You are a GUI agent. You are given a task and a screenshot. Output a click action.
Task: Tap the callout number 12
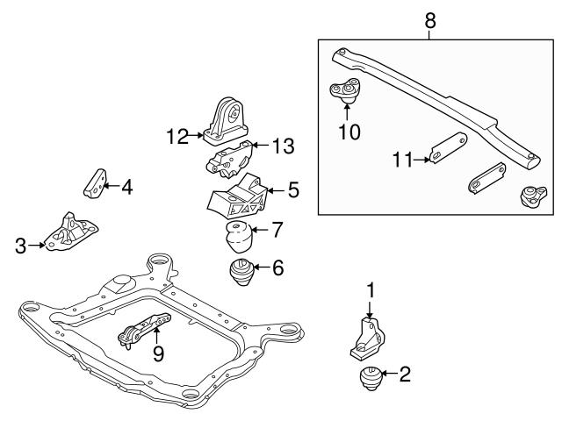tap(178, 136)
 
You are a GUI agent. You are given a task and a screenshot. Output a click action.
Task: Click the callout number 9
tap(158, 353)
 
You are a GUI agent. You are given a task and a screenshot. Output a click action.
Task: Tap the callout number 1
tap(371, 289)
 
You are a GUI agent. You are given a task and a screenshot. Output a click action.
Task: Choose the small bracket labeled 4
tap(92, 183)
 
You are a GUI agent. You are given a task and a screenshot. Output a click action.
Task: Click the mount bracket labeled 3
tap(68, 233)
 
